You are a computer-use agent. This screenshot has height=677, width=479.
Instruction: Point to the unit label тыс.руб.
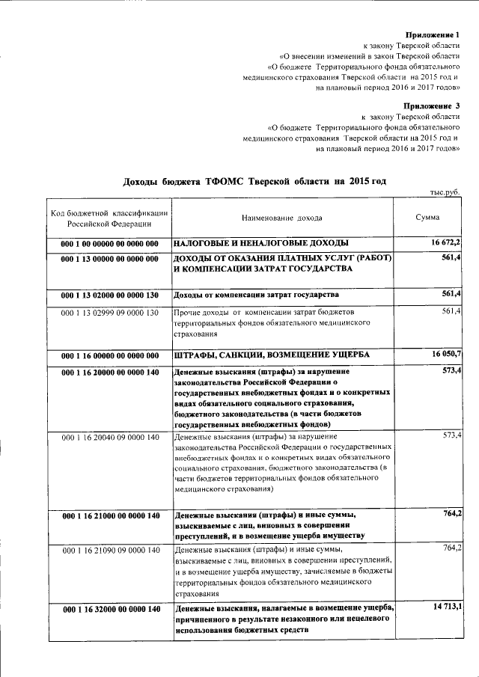click(x=445, y=193)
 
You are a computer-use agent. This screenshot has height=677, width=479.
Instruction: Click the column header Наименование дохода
click(x=282, y=218)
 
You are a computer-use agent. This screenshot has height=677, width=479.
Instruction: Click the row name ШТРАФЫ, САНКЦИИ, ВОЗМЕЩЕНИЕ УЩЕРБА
click(x=271, y=355)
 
